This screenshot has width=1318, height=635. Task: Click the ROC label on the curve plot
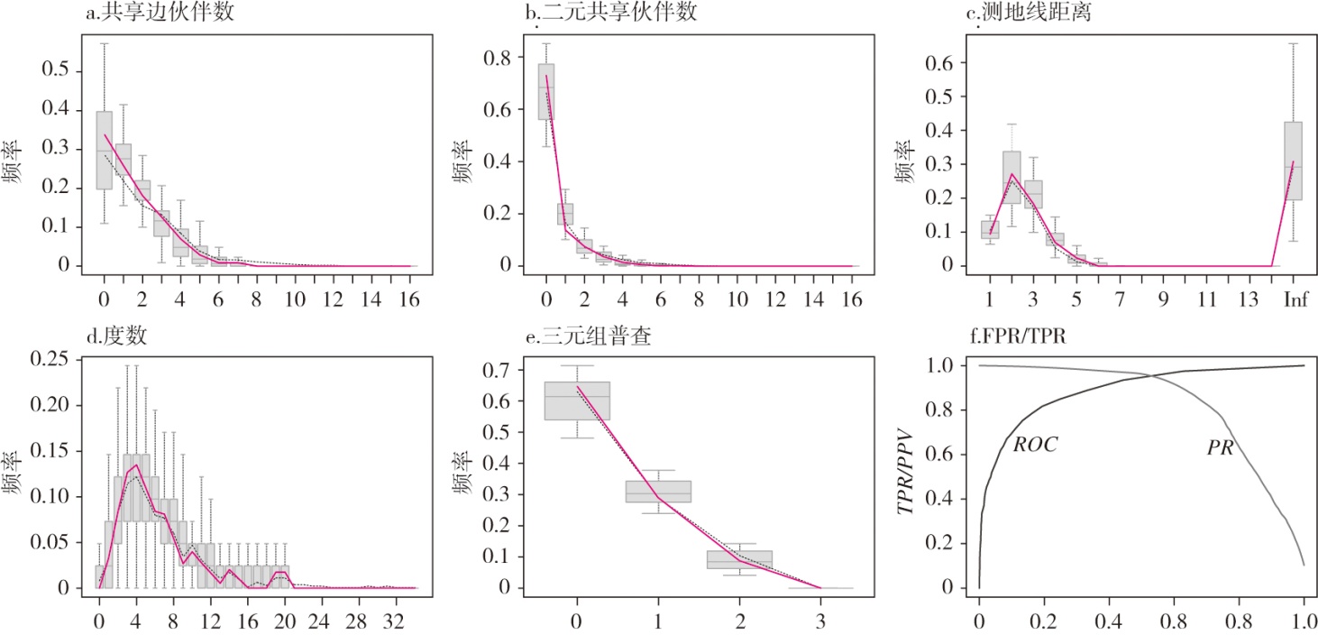coord(1035,445)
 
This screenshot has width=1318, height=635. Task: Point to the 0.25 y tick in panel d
coord(49,359)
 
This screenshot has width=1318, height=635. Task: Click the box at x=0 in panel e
coord(577,400)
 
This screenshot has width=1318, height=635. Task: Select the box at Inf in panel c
coord(1293,161)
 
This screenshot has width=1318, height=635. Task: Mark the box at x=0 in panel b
coord(545,92)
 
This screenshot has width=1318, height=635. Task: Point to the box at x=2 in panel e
coord(739,559)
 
